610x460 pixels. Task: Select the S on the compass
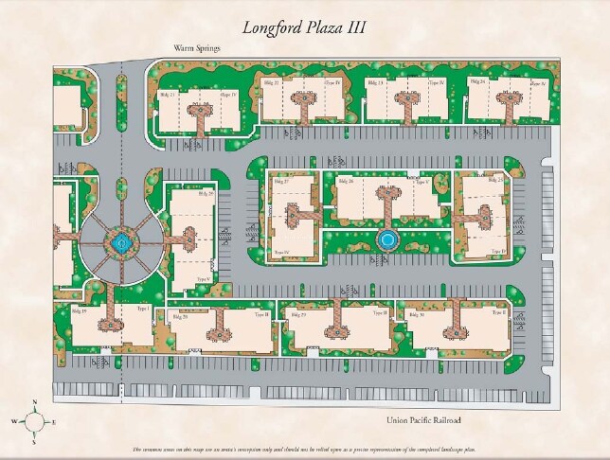pos(34,441)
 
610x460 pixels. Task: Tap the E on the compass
pos(54,421)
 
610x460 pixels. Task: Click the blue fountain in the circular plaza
pos(119,243)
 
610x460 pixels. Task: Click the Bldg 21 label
pos(166,96)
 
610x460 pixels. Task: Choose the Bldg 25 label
pos(493,179)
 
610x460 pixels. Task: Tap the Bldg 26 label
pos(345,181)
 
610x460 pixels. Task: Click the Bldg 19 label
pos(79,310)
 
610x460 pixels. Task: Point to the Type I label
pos(144,310)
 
